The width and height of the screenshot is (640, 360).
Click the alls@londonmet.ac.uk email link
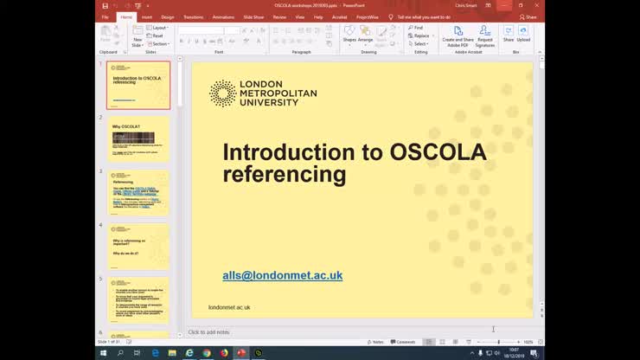[282, 275]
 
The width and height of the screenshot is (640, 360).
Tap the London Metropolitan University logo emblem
[222, 93]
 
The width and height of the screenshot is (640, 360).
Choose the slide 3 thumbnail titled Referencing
[138, 192]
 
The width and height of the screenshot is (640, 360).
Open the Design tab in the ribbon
[167, 16]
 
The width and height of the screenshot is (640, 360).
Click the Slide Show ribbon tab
[253, 16]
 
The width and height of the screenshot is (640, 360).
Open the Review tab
[279, 16]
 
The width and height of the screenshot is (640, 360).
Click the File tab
[105, 16]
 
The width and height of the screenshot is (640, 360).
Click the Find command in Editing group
[416, 28]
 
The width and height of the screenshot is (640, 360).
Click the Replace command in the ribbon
[419, 35]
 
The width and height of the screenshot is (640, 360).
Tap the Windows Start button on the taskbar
[103, 353]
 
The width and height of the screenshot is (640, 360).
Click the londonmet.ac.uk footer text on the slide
[229, 307]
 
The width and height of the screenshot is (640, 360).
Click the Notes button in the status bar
[376, 342]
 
